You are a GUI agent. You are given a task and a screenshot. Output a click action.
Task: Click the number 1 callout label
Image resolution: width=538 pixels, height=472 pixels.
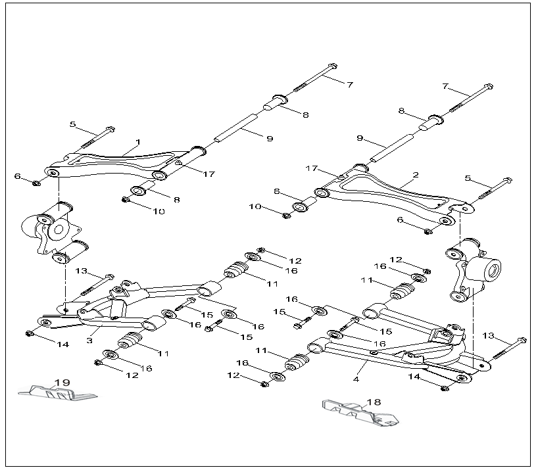138,142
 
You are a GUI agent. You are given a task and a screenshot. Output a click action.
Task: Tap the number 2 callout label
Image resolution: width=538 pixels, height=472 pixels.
415,176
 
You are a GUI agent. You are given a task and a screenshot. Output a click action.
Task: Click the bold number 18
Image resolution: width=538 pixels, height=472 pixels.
374,401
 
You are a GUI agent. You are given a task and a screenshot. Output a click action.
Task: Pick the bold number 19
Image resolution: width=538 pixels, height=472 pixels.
62,383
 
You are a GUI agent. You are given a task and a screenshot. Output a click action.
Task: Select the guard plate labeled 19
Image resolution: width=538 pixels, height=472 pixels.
59,392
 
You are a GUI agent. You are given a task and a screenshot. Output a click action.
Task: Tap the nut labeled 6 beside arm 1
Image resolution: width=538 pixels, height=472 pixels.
37,182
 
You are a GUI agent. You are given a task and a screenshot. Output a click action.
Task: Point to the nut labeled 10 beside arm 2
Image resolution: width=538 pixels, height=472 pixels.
287,215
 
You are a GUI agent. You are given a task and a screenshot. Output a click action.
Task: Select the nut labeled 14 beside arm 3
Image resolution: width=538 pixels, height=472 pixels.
29,334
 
